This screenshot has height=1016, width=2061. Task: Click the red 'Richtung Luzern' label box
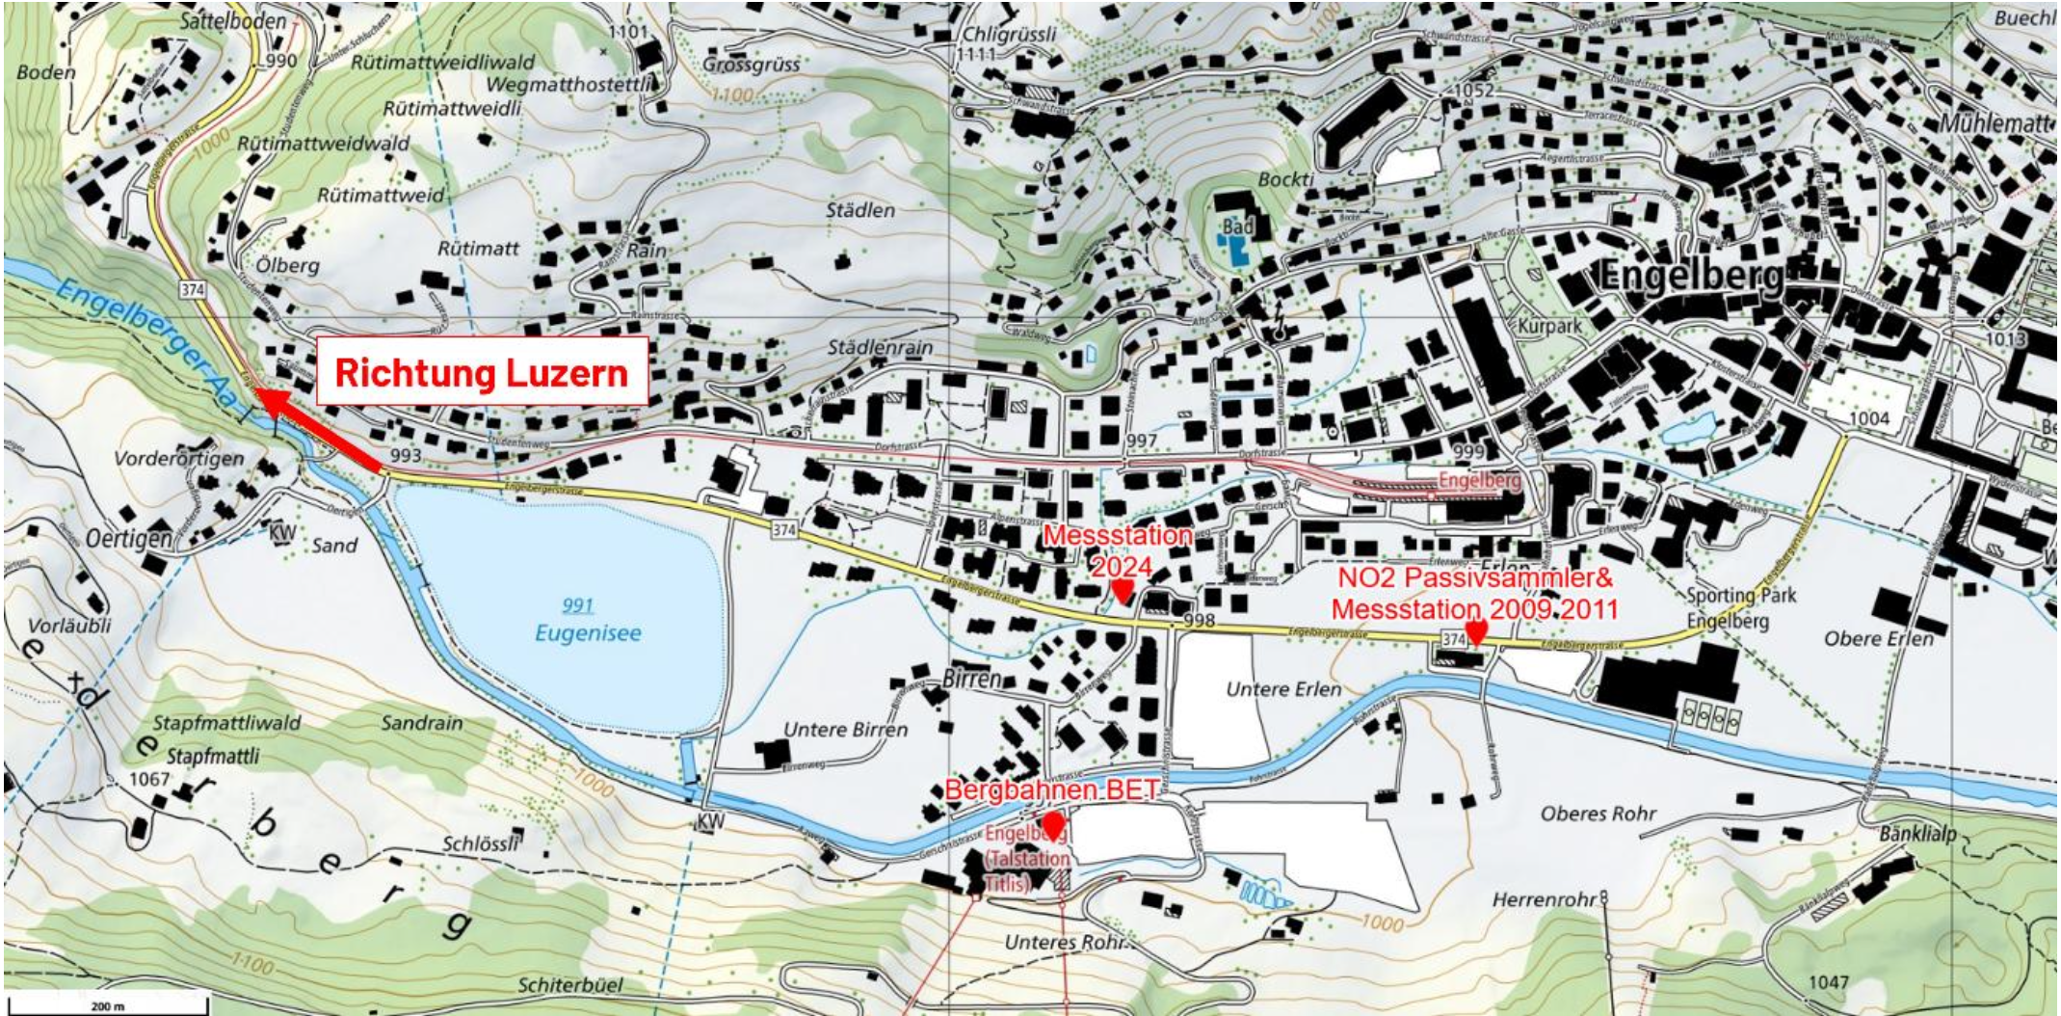pos(482,372)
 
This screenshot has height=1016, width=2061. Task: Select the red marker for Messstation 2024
pos(1122,589)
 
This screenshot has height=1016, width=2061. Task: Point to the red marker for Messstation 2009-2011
pos(1475,631)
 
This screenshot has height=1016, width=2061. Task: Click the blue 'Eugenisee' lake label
pos(588,633)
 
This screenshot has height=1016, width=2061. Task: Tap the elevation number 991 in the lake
pos(577,605)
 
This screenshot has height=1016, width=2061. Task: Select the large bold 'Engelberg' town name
pos(1691,277)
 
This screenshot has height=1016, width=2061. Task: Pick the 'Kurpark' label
pos(1549,326)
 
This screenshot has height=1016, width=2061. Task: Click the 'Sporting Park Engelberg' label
pos(1741,607)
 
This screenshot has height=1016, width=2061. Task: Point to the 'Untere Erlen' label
pos(1283,689)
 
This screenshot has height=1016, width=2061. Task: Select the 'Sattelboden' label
pos(232,21)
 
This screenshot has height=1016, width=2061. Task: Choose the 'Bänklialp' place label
pos(1917,832)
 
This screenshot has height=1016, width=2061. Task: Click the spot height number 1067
pos(148,779)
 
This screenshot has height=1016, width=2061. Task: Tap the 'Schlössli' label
pos(481,843)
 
